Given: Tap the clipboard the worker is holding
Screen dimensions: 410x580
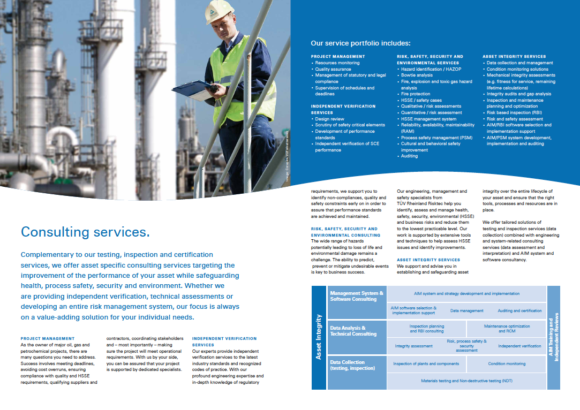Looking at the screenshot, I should point(193,88).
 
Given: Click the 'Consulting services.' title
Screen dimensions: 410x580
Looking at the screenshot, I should point(85,232).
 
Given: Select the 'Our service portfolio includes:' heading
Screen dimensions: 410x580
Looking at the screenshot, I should point(361,43).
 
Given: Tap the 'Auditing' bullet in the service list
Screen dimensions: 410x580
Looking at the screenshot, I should point(409,156).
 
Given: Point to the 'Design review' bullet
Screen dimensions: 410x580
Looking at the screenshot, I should point(329,119).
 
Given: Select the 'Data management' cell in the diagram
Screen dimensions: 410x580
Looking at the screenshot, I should point(466,310).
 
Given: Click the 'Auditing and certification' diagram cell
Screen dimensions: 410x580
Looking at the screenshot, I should point(519,310).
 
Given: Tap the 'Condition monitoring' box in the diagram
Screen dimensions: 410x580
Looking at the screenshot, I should point(507,364).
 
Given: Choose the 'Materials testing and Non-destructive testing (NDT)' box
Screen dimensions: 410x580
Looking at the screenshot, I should point(466,381).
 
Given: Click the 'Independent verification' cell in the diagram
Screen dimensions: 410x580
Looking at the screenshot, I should point(519,346).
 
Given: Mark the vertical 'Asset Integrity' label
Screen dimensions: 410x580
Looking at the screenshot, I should point(319,337).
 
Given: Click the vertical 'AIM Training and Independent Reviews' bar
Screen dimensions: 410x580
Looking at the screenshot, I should point(553,337).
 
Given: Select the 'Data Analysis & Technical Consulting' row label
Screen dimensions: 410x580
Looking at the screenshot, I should point(353,331).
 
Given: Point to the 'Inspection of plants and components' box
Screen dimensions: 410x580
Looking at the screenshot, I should point(426,364).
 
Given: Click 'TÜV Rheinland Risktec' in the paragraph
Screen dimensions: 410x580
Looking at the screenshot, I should point(421,203).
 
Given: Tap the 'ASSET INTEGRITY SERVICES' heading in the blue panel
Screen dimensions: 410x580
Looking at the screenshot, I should point(514,56).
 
